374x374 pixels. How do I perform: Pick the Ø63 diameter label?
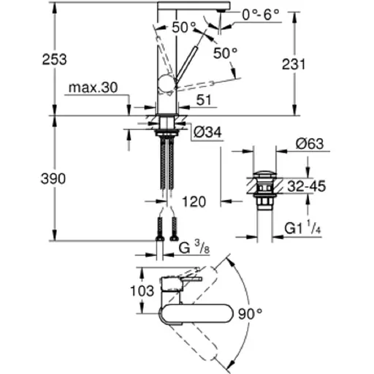(x=311, y=144)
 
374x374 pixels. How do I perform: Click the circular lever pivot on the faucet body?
(x=166, y=85)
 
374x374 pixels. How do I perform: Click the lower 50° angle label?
(x=226, y=53)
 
